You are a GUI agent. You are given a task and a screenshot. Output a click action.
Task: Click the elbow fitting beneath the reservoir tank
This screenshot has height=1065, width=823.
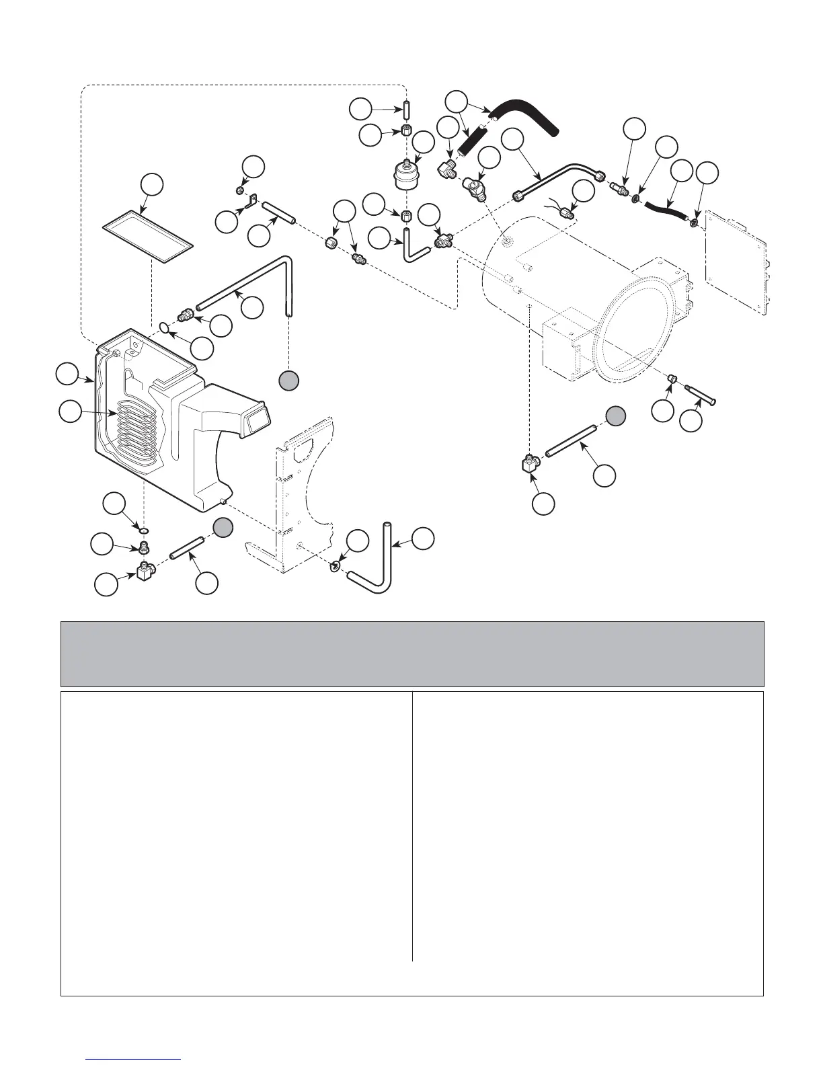(x=145, y=571)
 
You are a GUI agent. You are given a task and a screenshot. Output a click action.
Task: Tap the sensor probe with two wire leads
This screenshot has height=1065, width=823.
(x=566, y=212)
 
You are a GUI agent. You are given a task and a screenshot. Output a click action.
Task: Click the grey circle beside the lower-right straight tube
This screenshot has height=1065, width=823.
(x=615, y=416)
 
